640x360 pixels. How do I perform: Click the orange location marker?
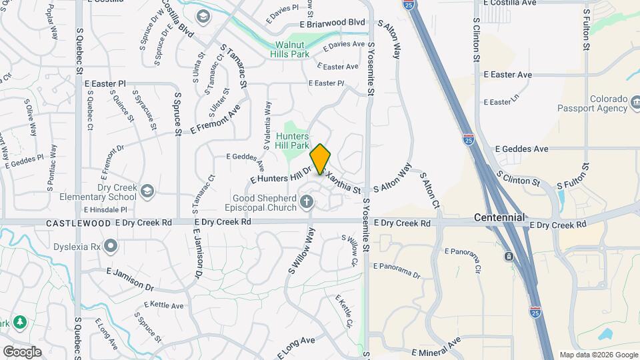pyautogui.click(x=321, y=159)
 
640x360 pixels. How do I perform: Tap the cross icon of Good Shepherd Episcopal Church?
pyautogui.click(x=307, y=201)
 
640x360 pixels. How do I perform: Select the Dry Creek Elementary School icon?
pyautogui.click(x=147, y=191)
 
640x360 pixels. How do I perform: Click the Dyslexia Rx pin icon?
pyautogui.click(x=111, y=247)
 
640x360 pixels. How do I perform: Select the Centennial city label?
pyautogui.click(x=499, y=217)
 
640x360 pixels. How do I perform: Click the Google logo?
pyautogui.click(x=22, y=352)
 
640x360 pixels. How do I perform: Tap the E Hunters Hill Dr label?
pyautogui.click(x=280, y=175)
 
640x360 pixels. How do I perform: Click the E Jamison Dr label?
pyautogui.click(x=130, y=279)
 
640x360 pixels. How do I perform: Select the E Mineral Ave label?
pyautogui.click(x=436, y=347)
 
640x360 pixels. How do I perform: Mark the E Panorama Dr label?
pyautogui.click(x=397, y=270)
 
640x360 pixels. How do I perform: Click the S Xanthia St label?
pyautogui.click(x=343, y=183)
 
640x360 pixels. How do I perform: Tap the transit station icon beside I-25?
pyautogui.click(x=509, y=257)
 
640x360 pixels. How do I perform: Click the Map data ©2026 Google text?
pyautogui.click(x=599, y=355)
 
